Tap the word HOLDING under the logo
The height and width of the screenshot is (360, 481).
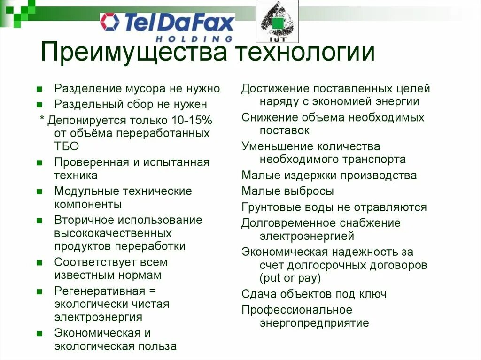194,39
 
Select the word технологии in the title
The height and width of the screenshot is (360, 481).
305,53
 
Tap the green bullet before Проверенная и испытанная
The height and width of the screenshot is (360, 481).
39,162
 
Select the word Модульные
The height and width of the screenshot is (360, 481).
86,191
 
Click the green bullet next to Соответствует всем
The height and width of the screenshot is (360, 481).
39,262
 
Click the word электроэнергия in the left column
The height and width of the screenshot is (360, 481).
98,317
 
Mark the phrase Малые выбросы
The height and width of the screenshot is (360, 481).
287,191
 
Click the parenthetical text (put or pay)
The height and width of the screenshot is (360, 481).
290,278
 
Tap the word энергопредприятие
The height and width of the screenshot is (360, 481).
314,323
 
